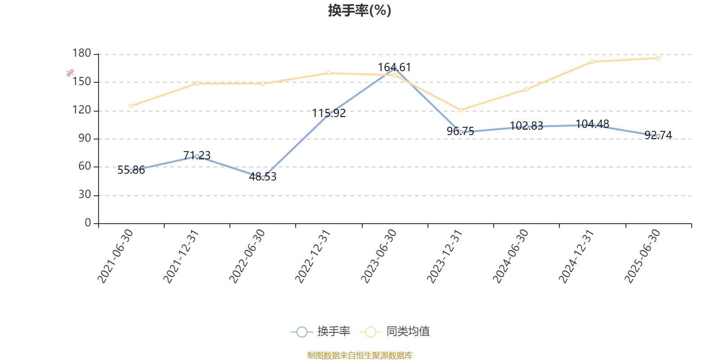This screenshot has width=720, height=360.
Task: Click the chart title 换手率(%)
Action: tap(360, 10)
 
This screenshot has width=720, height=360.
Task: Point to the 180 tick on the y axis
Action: tap(82, 54)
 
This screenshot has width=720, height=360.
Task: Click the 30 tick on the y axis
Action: tap(85, 195)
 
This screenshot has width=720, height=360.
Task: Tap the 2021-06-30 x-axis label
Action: tap(116, 256)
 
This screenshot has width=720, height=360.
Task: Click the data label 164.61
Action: tap(394, 67)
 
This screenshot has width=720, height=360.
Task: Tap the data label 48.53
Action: tap(263, 177)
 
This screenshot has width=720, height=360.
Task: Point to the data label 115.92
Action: tap(329, 113)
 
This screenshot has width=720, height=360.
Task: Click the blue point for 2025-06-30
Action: tap(658, 136)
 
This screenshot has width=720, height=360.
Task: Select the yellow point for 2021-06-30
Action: tap(131, 106)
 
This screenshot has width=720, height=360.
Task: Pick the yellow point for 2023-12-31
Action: tap(460, 110)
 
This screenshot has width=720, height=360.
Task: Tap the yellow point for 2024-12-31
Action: tap(592, 62)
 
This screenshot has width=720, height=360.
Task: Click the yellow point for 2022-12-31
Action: tap(328, 73)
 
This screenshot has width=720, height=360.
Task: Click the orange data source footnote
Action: tap(360, 355)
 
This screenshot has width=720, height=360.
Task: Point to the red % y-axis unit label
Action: tap(70, 73)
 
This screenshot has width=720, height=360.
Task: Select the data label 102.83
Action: tap(526, 126)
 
